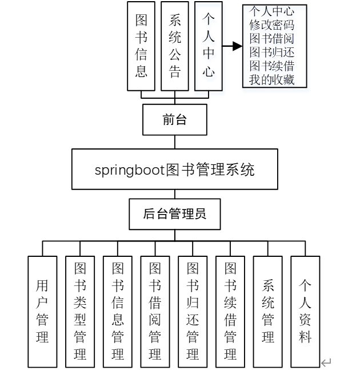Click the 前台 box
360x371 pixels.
(x=174, y=120)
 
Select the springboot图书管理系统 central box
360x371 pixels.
(x=174, y=170)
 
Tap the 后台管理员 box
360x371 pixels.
(x=174, y=215)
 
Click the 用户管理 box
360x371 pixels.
(x=42, y=311)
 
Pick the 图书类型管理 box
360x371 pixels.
(x=80, y=311)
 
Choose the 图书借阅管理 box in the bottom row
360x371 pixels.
(x=155, y=311)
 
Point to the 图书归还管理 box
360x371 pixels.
(x=193, y=311)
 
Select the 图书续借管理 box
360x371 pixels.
(x=230, y=311)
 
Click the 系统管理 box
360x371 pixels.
(x=268, y=311)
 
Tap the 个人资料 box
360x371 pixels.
(x=305, y=311)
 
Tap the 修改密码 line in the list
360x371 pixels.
(x=271, y=25)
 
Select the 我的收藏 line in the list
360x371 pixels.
(x=271, y=80)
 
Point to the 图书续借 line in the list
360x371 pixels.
(x=271, y=66)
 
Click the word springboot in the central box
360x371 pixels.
(x=129, y=170)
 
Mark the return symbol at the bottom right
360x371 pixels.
(x=326, y=362)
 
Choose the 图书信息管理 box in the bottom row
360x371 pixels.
(x=118, y=311)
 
